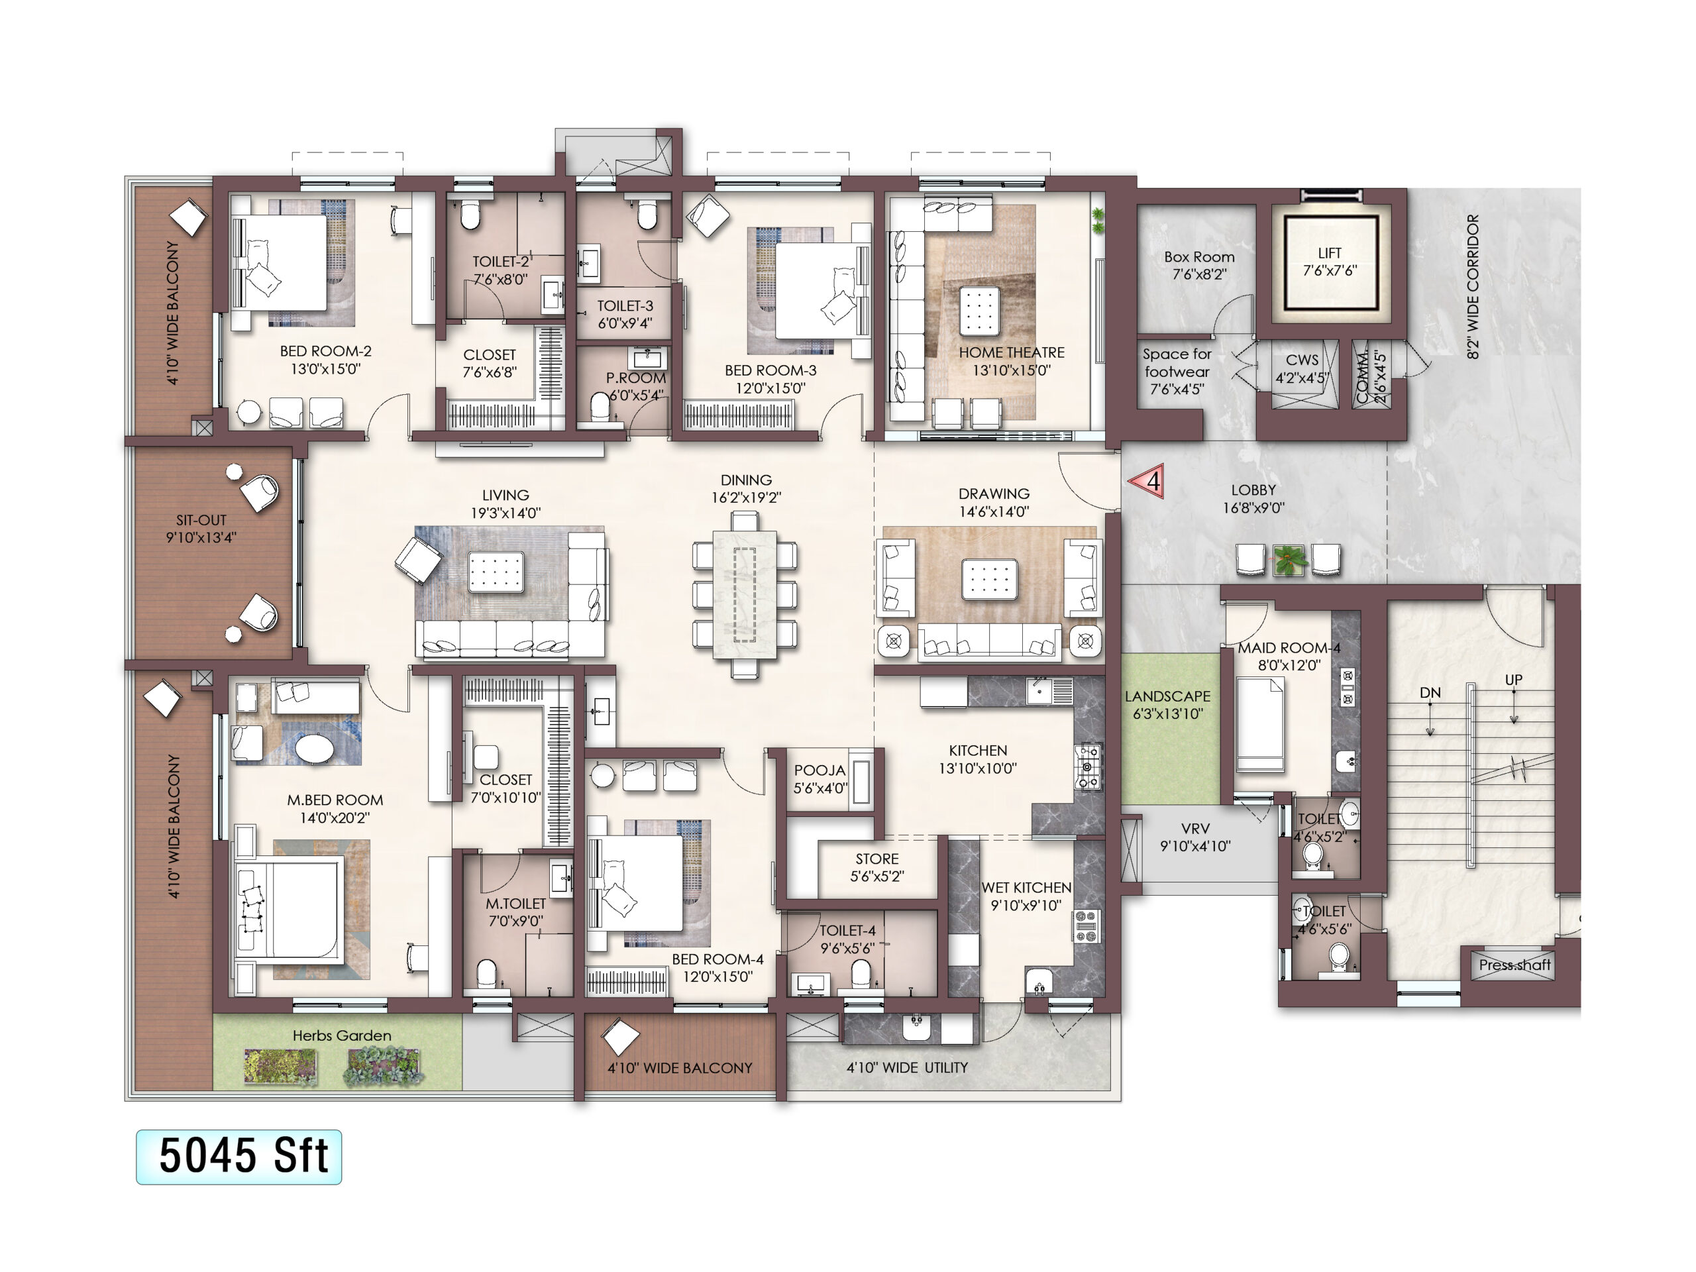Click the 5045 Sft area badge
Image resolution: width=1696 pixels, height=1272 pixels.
[238, 1156]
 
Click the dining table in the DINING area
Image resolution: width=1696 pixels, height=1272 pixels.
[744, 596]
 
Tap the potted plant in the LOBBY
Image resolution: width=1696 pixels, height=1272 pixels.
[1289, 560]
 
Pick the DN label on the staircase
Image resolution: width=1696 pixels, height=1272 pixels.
[1430, 692]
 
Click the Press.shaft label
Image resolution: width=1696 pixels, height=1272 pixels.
[1514, 965]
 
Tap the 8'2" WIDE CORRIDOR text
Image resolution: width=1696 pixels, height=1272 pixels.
[1473, 287]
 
